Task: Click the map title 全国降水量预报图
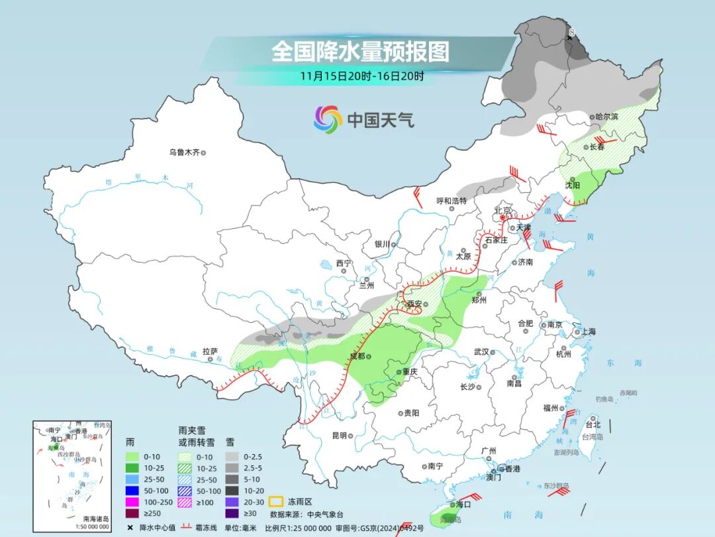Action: pyautogui.click(x=360, y=51)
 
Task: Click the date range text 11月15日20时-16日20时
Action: pyautogui.click(x=361, y=76)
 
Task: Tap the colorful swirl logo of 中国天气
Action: pyautogui.click(x=328, y=119)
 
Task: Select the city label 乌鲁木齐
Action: pyautogui.click(x=183, y=152)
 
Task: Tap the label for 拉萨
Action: pyautogui.click(x=210, y=352)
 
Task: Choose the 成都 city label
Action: pyautogui.click(x=357, y=357)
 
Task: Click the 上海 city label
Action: pyautogui.click(x=587, y=331)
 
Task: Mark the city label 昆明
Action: pyautogui.click(x=339, y=436)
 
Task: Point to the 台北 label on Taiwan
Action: pyautogui.click(x=593, y=424)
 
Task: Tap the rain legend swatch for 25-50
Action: pyautogui.click(x=138, y=479)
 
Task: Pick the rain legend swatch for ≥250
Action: pyautogui.click(x=138, y=512)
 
